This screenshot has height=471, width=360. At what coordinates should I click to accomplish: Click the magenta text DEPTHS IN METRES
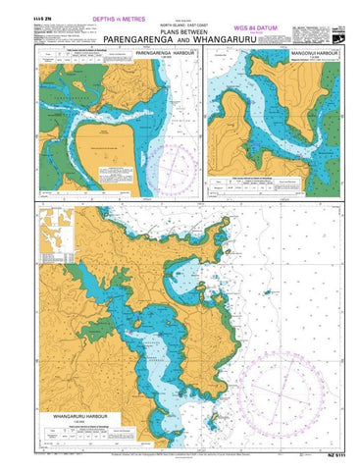[x=118, y=19]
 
